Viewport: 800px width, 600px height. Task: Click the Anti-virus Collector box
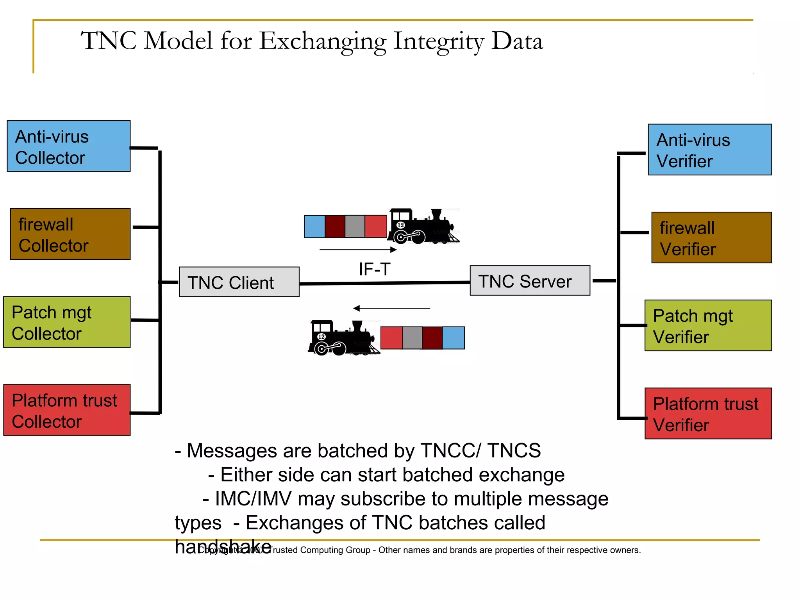[x=69, y=146]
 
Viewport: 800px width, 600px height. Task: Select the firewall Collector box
[x=70, y=234]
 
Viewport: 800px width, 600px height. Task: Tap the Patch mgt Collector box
[x=67, y=322]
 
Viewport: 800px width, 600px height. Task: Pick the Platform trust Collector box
[x=67, y=410]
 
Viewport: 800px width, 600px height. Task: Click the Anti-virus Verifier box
[x=710, y=150]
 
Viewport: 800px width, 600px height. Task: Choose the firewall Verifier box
[x=711, y=237]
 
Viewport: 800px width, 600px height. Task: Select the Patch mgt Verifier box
[x=708, y=325]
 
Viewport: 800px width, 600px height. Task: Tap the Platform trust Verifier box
[x=708, y=413]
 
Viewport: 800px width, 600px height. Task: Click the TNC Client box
[x=239, y=282]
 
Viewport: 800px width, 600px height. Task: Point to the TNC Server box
[x=530, y=280]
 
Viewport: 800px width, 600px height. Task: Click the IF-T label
[x=374, y=269]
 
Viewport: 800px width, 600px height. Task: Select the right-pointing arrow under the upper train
[x=358, y=250]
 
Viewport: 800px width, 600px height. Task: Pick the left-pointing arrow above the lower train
[x=391, y=308]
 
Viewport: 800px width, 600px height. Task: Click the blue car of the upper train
[x=314, y=227]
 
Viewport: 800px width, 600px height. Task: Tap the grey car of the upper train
[x=355, y=227]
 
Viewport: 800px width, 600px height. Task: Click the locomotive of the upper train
[x=422, y=227]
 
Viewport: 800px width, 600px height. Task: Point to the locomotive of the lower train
[x=342, y=338]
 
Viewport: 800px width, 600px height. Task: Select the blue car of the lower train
[x=453, y=338]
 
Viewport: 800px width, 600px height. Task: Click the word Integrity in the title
[x=439, y=41]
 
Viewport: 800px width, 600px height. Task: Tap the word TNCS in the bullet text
[x=514, y=450]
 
